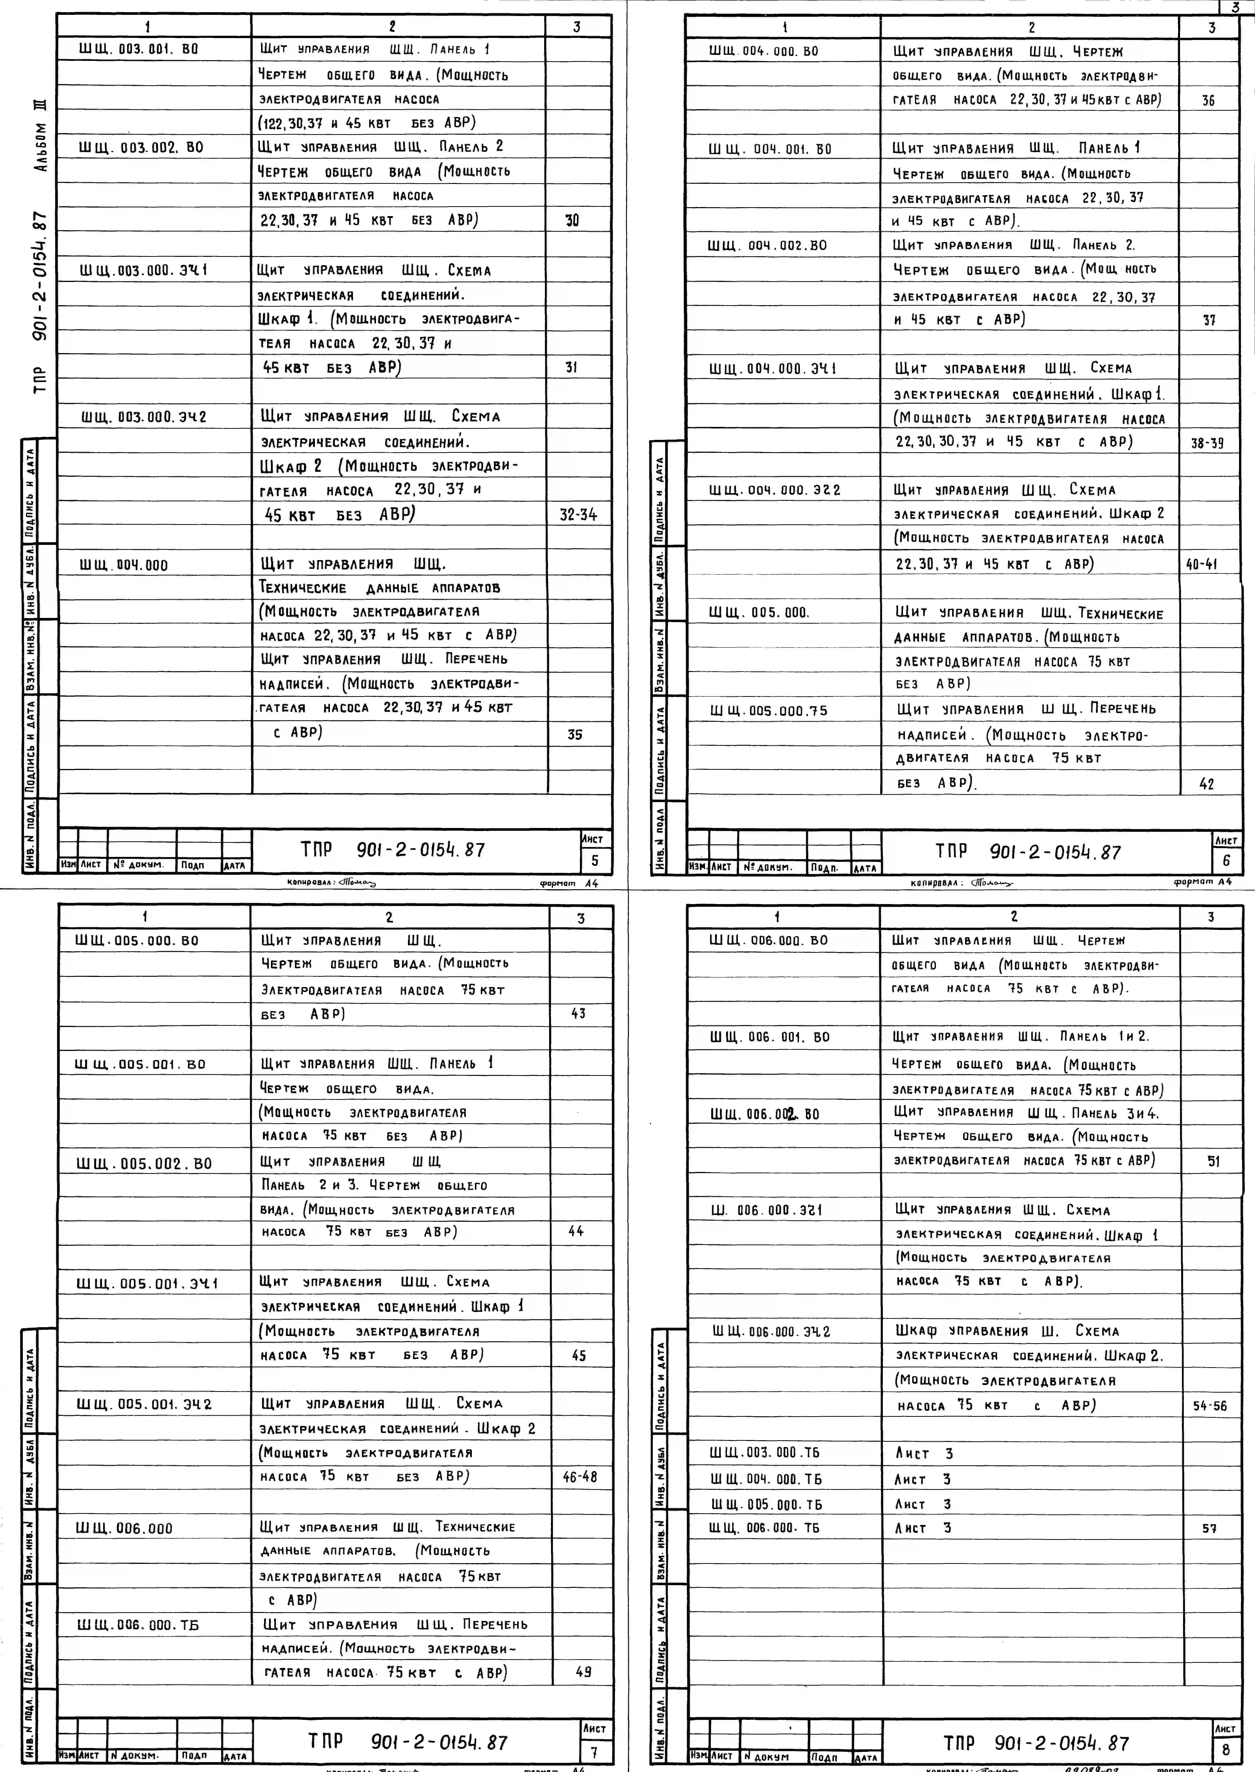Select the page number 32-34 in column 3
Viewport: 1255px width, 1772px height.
[578, 515]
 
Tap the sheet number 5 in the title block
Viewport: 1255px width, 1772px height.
[595, 860]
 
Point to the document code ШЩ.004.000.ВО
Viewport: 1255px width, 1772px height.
[764, 52]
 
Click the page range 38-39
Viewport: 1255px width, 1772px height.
[1207, 444]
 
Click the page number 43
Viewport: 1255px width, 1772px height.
[578, 1013]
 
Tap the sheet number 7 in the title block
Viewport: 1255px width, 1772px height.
[594, 1751]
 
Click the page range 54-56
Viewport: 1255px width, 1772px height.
[1209, 1406]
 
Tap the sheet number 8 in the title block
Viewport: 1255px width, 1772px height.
[1226, 1750]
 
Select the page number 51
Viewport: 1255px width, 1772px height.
[1213, 1161]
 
